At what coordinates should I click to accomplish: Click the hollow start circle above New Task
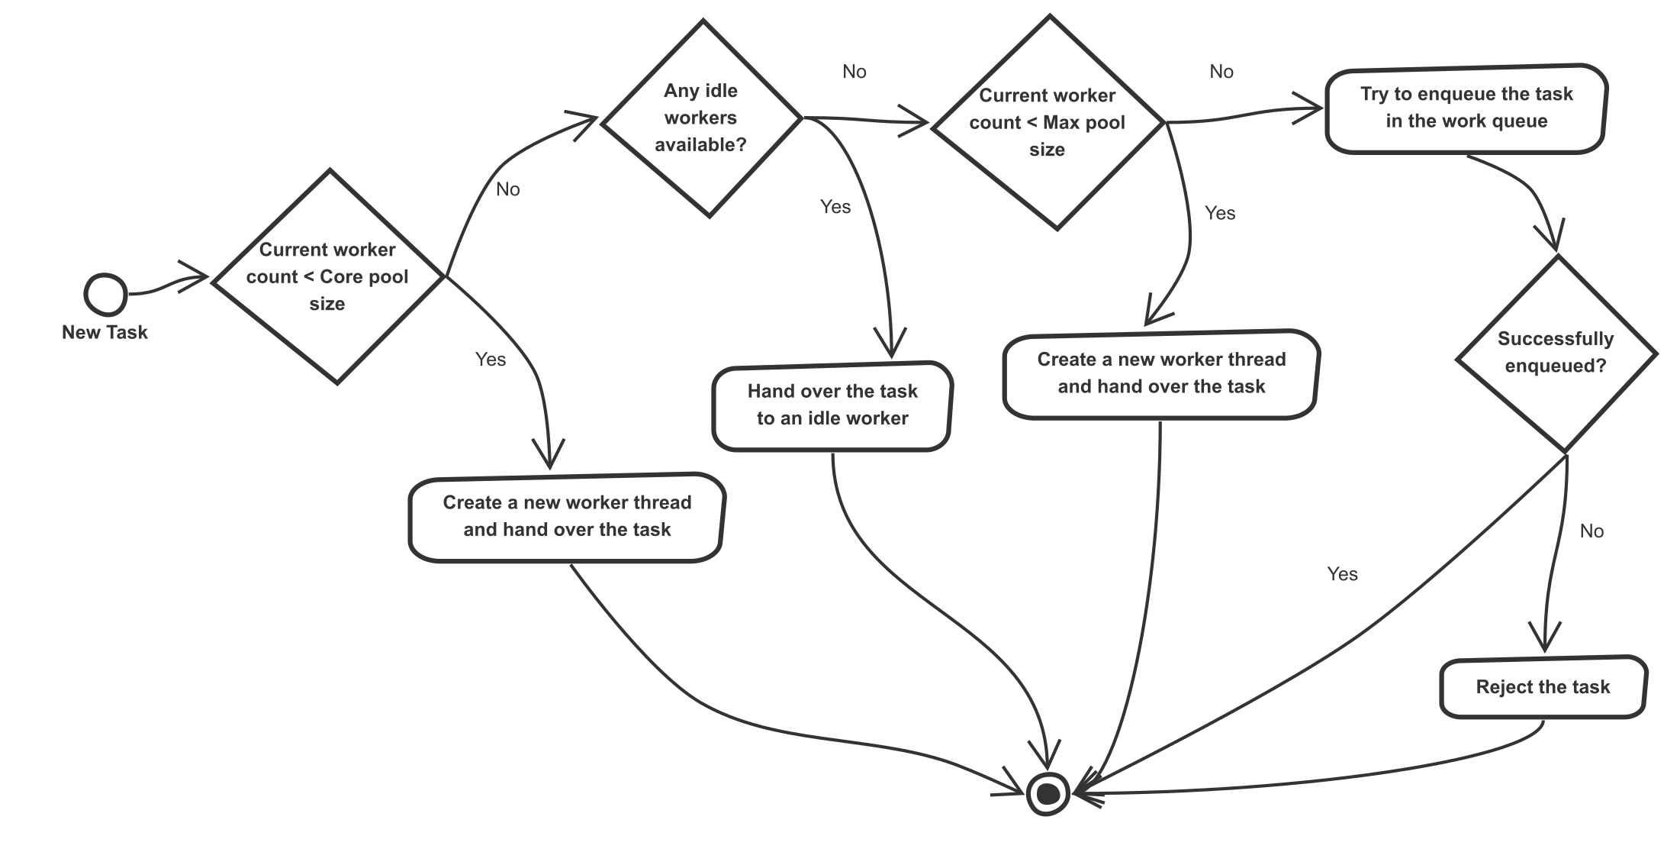[x=105, y=294]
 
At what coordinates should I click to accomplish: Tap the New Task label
[x=105, y=332]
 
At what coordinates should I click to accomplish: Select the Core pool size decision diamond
[x=328, y=276]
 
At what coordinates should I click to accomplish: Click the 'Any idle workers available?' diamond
[x=700, y=118]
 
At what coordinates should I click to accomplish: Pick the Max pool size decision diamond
[x=1048, y=122]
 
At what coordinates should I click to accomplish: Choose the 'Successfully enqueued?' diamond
[x=1556, y=353]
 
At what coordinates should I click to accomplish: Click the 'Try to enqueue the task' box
[x=1466, y=108]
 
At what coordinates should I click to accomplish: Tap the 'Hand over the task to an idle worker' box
[x=832, y=405]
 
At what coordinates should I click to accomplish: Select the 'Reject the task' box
[x=1543, y=687]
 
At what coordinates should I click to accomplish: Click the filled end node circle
[x=1048, y=794]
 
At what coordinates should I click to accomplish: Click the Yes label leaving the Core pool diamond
[x=491, y=360]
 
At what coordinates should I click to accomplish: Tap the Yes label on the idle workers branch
[x=835, y=207]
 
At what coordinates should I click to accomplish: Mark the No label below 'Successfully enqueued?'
[x=1591, y=531]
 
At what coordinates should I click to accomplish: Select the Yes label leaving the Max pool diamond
[x=1220, y=213]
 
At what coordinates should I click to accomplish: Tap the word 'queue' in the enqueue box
[x=1521, y=121]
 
